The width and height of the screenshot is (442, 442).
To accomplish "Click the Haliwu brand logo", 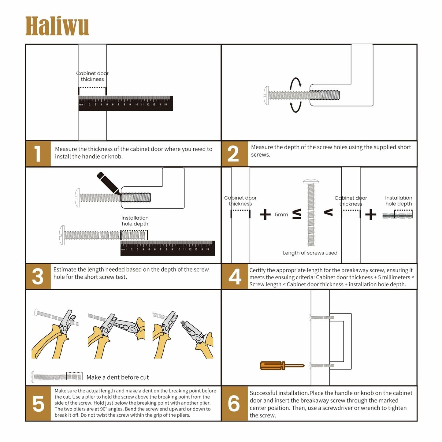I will tap(57, 26).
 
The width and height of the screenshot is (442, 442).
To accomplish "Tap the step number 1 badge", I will tap(38, 154).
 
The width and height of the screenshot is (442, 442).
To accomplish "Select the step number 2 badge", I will tap(234, 154).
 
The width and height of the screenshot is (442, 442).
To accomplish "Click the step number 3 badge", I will tap(38, 276).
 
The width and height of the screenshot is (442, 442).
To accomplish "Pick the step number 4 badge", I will tap(235, 277).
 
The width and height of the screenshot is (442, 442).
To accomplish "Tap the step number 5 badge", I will tap(38, 403).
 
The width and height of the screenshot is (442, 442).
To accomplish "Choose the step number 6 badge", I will tap(234, 403).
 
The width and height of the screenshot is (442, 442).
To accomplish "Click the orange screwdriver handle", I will tap(271, 366).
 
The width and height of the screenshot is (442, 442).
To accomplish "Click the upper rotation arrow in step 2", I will tap(295, 83).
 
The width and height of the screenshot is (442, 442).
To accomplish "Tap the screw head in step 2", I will tap(266, 95).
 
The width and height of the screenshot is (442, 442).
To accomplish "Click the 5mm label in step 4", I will tap(281, 214).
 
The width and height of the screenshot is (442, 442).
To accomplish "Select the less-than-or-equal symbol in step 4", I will tap(297, 214).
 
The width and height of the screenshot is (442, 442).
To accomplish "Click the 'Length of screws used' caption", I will tap(310, 253).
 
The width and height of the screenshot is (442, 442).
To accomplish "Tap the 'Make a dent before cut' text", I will tap(117, 377).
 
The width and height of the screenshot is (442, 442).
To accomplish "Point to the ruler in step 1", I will tap(125, 103).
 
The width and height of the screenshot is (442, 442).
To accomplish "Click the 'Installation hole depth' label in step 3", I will tap(135, 221).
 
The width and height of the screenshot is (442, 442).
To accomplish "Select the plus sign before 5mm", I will tap(265, 214).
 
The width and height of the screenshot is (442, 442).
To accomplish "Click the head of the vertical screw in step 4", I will tap(311, 181).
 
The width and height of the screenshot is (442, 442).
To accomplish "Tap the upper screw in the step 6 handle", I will tap(321, 318).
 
